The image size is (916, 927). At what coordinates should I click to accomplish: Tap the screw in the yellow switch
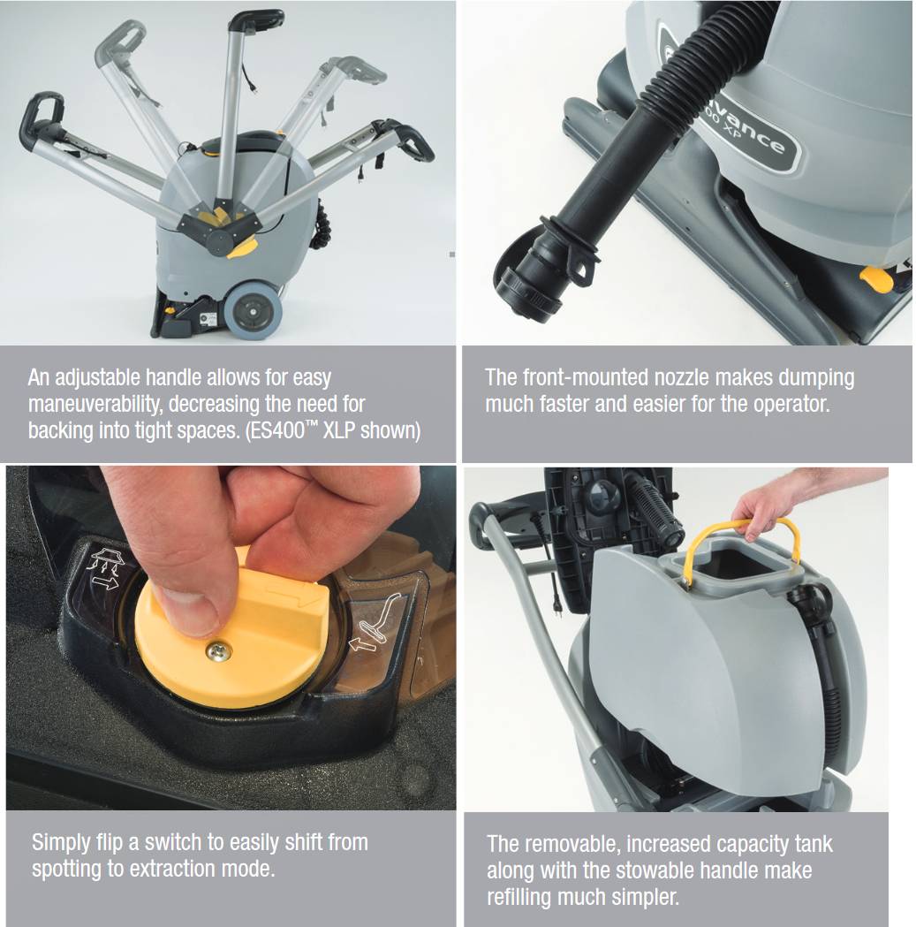218,651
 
